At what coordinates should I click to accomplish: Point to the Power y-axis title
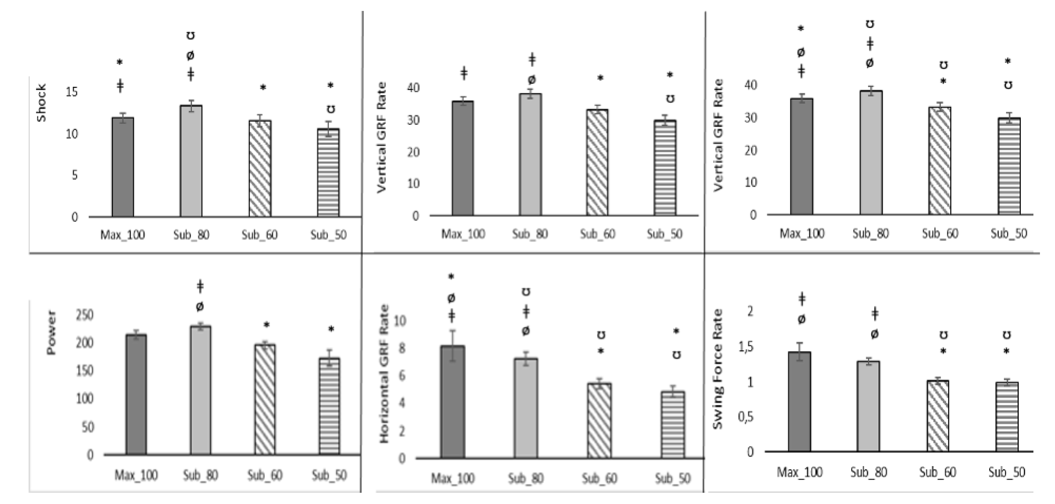point(51,333)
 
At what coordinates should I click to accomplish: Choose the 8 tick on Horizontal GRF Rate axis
point(402,349)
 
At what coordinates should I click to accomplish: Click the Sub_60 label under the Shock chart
point(259,235)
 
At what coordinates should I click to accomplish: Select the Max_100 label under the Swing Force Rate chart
point(799,472)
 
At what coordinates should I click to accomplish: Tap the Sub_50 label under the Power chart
point(329,475)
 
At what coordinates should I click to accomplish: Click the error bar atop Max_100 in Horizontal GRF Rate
point(453,344)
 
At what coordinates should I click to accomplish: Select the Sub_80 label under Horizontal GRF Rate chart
point(525,478)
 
